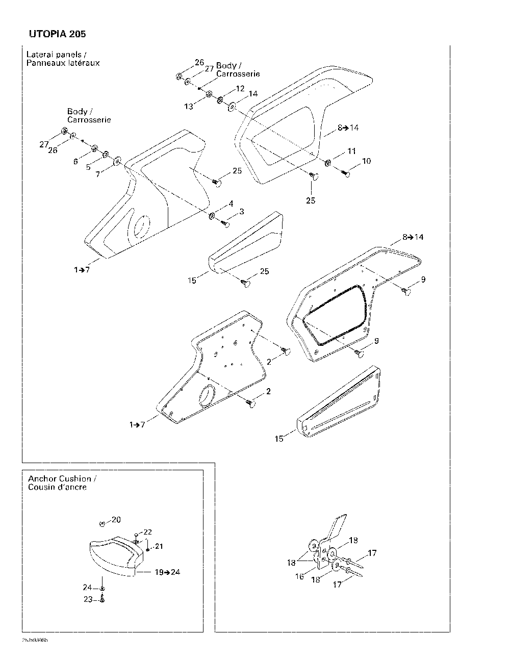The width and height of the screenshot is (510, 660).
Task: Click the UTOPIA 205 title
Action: pyautogui.click(x=54, y=34)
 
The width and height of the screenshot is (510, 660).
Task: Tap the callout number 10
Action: pyautogui.click(x=366, y=161)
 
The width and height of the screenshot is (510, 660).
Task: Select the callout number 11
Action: pyautogui.click(x=351, y=151)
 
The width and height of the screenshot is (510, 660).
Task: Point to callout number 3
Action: pyautogui.click(x=241, y=211)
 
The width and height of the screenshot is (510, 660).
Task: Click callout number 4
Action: pyautogui.click(x=231, y=204)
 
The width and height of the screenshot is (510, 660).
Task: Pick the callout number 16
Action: pyautogui.click(x=299, y=576)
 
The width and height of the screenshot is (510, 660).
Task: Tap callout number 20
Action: pyautogui.click(x=116, y=520)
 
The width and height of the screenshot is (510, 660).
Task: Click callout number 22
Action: pyautogui.click(x=148, y=532)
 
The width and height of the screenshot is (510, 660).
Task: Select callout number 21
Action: pyautogui.click(x=159, y=546)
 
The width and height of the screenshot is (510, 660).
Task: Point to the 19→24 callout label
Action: pyautogui.click(x=167, y=572)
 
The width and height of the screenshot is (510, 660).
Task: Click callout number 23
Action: pyautogui.click(x=88, y=599)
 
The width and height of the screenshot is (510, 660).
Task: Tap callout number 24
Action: pyautogui.click(x=88, y=588)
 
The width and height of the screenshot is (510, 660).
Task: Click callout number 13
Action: pyautogui.click(x=189, y=106)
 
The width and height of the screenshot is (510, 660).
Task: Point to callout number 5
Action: pyautogui.click(x=89, y=167)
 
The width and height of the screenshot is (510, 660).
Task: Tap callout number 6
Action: pyautogui.click(x=75, y=161)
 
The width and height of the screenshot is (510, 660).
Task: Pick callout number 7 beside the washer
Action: pyautogui.click(x=98, y=174)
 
